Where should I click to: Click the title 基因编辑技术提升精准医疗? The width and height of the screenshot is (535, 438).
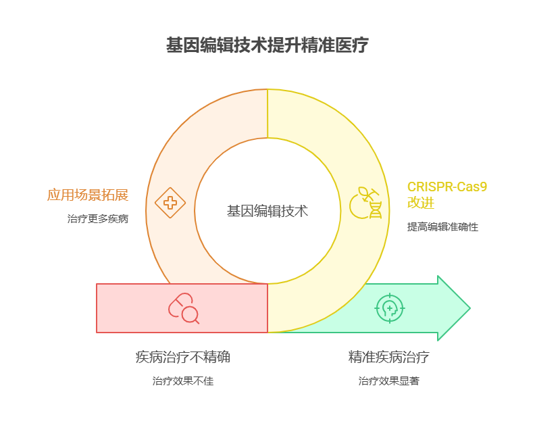tap(267, 46)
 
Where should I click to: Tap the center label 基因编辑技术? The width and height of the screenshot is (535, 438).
tap(267, 211)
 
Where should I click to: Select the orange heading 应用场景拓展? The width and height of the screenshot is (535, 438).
tap(88, 195)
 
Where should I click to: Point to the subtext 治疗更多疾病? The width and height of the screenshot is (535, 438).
tap(98, 219)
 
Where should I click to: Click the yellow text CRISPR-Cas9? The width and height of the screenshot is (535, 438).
tap(447, 187)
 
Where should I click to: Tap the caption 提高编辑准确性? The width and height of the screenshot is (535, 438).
tap(442, 227)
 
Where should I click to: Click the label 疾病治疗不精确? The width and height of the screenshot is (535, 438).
tap(183, 357)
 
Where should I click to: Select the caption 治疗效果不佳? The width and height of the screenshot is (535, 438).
tap(183, 381)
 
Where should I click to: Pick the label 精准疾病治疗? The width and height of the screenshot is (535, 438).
tap(388, 357)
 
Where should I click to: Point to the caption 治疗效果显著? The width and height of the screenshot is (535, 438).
tap(388, 381)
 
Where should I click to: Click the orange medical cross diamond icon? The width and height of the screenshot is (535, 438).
tap(170, 203)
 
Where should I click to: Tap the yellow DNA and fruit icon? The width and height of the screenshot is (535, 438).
tap(365, 203)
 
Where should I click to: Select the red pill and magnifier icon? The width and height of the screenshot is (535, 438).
tap(184, 308)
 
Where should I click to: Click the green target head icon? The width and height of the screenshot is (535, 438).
tap(390, 308)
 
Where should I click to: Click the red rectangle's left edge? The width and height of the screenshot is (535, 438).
tap(97, 308)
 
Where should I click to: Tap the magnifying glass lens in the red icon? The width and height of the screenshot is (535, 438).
tap(190, 314)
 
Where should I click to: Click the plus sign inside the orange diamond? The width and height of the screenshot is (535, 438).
tap(170, 203)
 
